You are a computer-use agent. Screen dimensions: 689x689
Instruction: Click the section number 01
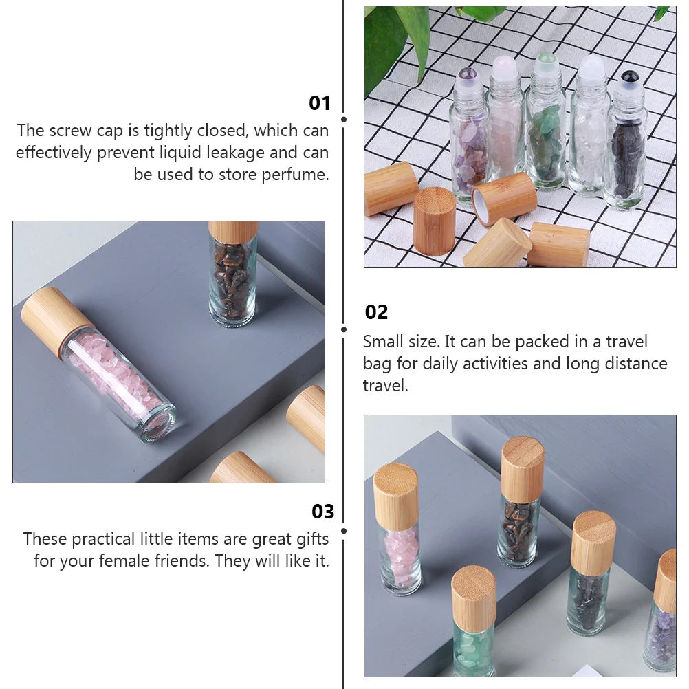click(x=319, y=103)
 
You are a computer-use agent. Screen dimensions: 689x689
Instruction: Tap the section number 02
click(x=376, y=312)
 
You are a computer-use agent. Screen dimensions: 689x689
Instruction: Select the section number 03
click(x=322, y=511)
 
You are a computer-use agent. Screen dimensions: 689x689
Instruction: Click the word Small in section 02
click(x=384, y=342)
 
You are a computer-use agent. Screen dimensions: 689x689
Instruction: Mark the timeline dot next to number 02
click(x=344, y=329)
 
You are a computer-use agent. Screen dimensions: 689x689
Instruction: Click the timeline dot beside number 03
click(x=344, y=531)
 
